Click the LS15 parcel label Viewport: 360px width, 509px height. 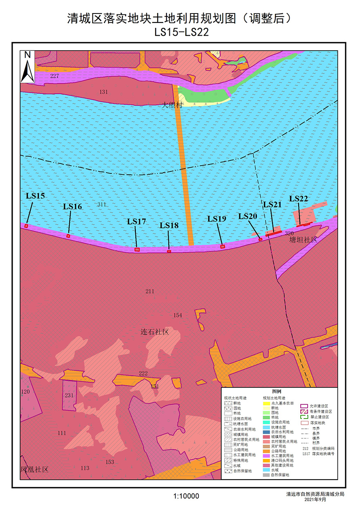(35, 196)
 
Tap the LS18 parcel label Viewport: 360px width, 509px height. (169, 225)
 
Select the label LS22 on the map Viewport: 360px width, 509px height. (299, 198)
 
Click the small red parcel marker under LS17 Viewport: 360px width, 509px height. (137, 249)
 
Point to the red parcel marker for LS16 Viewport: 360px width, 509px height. (68, 236)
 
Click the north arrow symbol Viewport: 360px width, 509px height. (27, 68)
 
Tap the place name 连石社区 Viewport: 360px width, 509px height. (155, 332)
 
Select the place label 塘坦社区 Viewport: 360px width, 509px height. (303, 239)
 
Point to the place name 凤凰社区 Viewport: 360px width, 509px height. (35, 469)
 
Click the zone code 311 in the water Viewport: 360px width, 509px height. (101, 204)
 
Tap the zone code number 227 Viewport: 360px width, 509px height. (55, 77)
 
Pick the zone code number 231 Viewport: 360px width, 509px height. (69, 395)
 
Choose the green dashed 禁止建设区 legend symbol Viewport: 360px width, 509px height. (304, 417)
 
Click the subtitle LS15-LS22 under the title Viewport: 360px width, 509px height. (182, 32)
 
